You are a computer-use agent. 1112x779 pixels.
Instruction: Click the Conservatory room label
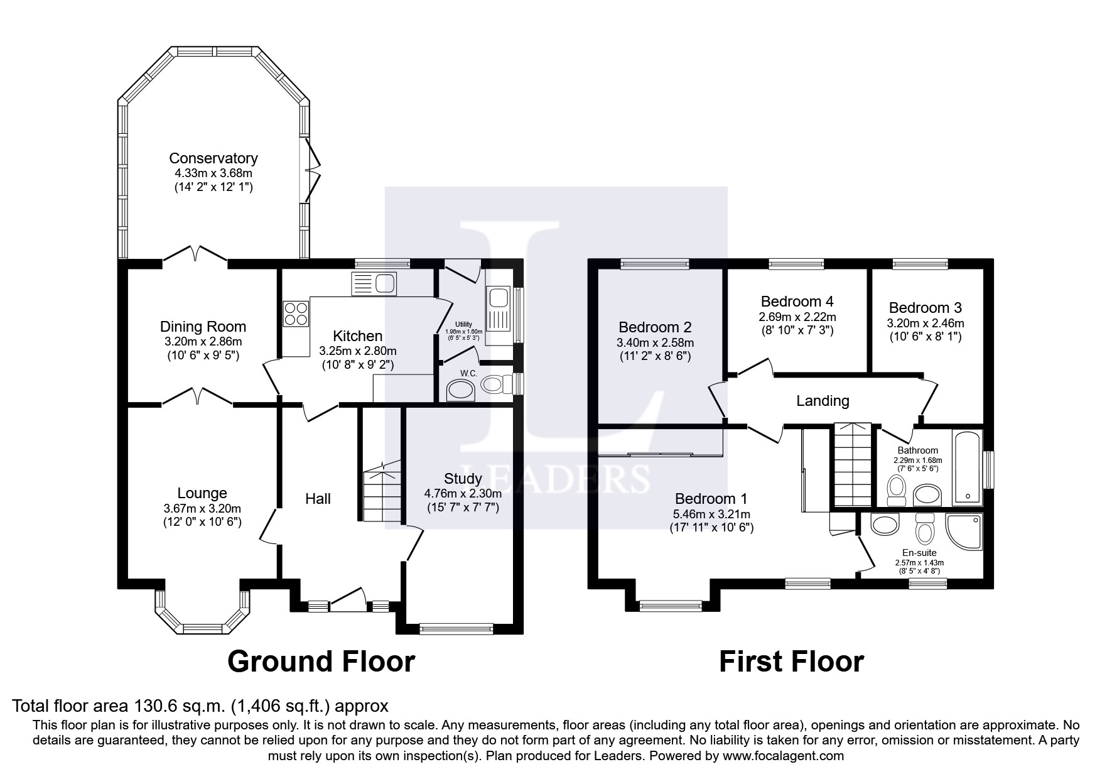213,158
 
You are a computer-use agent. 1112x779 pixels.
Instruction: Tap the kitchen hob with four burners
296,314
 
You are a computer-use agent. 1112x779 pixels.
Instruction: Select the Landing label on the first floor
823,400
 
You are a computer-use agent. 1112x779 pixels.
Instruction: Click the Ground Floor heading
321,662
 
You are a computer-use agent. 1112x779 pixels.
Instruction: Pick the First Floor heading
791,662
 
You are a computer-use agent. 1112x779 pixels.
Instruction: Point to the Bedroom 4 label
797,302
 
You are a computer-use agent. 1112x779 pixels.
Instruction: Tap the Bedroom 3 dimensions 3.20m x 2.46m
925,324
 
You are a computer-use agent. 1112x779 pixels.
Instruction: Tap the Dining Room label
203,327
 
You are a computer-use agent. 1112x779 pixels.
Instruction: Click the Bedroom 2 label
655,327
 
